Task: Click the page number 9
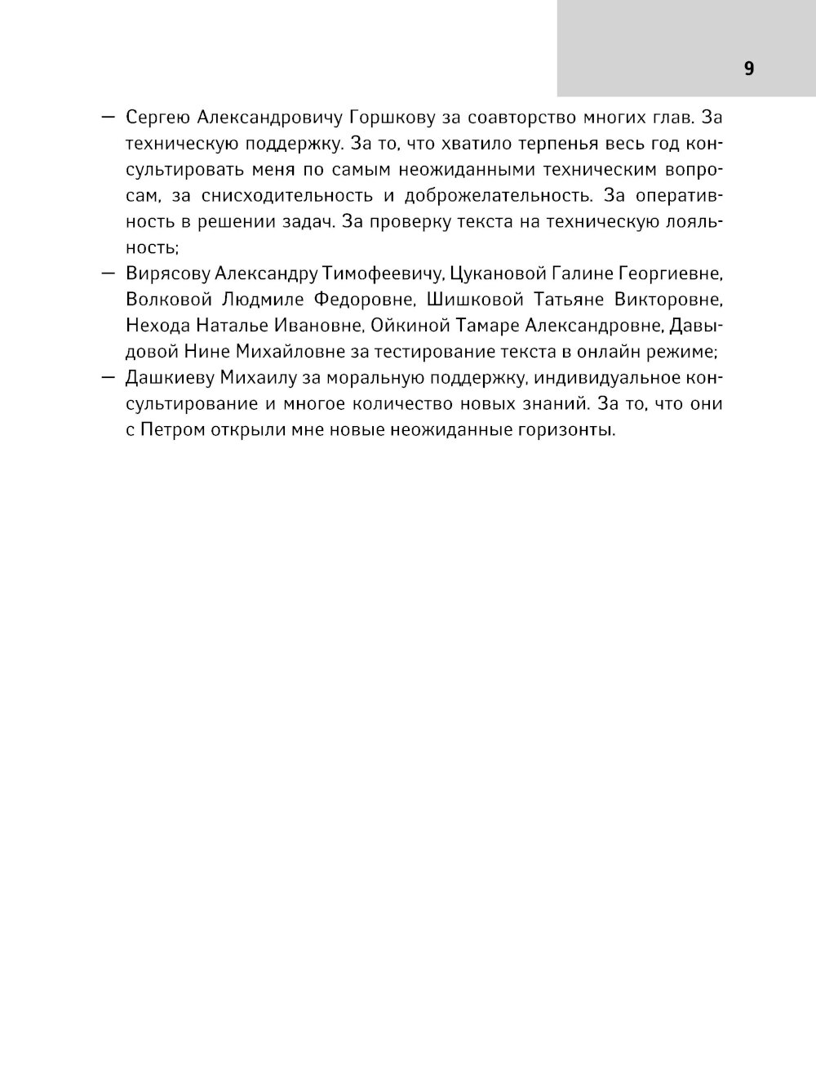(x=749, y=69)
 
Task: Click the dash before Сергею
(x=108, y=118)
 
